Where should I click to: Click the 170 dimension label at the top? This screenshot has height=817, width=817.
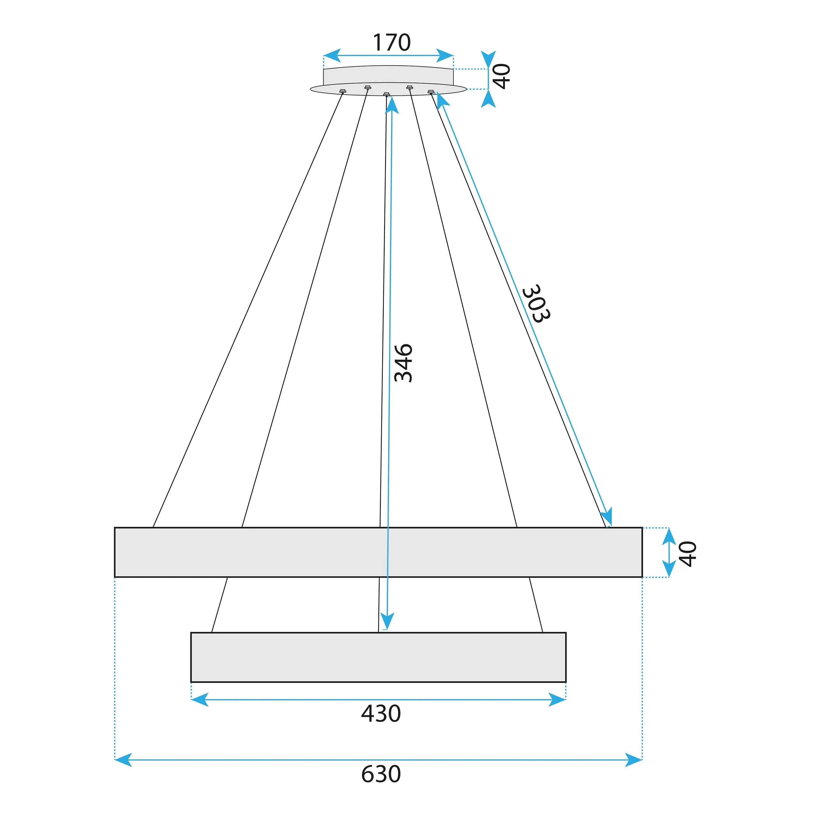(x=391, y=42)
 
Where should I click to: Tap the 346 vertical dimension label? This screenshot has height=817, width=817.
(x=403, y=363)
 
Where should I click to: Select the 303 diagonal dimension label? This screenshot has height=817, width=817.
(x=536, y=304)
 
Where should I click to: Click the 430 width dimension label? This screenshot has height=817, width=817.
(x=381, y=714)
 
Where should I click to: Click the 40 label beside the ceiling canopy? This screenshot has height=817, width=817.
(x=502, y=77)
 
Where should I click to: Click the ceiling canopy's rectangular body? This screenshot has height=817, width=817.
(x=388, y=75)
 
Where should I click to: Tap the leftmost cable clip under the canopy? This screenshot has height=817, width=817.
(x=342, y=91)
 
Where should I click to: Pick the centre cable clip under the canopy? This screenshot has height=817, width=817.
(x=386, y=94)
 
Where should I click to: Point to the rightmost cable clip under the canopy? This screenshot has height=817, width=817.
(x=431, y=91)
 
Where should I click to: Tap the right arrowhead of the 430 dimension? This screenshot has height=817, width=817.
(x=557, y=700)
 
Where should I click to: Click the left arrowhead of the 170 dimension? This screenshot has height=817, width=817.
(x=332, y=56)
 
